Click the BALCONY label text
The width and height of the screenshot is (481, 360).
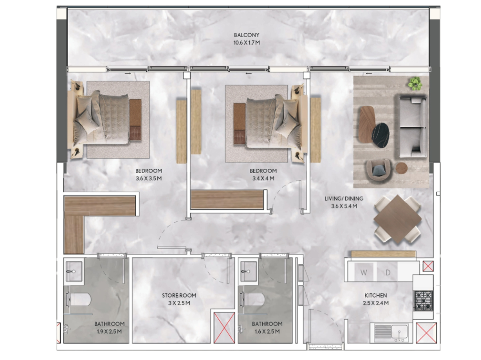247,35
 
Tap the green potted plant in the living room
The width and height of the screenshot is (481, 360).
415,83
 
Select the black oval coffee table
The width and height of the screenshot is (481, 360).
380,135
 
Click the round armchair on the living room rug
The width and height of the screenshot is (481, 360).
379,172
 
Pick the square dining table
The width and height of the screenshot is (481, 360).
397,219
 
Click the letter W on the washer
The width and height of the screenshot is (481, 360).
364,273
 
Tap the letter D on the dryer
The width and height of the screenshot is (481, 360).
388,273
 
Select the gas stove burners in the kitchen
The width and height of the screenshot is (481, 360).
424,301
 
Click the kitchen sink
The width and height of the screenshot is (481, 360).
391,332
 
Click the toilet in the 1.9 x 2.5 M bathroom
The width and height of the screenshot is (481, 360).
78,299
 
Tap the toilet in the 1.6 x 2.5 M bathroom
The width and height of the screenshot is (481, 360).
252,299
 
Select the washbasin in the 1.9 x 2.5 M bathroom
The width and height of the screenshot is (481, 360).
74,271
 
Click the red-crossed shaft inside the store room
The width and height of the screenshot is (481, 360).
224,328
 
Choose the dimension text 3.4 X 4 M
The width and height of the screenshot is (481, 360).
263,178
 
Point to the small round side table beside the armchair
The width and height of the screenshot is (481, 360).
401,168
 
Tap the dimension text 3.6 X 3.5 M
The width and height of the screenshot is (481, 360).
149,178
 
